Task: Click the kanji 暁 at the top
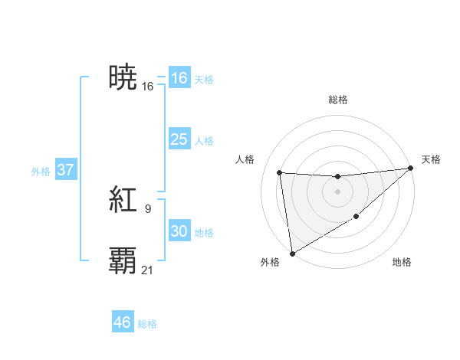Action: coord(123,78)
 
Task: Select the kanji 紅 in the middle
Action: coord(123,201)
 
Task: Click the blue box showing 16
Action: coord(179,78)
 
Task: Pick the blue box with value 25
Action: coord(179,140)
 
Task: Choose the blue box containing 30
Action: coord(179,231)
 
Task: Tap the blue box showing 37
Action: coord(65,170)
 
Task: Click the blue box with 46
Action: coord(123,322)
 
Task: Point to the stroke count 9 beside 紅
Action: coord(148,208)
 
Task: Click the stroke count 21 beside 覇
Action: coord(148,269)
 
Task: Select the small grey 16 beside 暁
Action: coord(148,86)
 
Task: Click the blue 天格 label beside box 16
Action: coord(204,80)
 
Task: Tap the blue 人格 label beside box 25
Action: coord(204,141)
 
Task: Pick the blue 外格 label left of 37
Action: coord(41,172)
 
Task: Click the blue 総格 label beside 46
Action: coord(147,324)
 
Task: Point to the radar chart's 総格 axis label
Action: coord(337,100)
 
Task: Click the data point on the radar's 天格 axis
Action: coord(411,169)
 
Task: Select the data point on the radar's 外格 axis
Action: coord(292,254)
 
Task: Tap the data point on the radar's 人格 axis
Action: coord(280,172)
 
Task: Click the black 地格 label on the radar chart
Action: coord(402,262)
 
